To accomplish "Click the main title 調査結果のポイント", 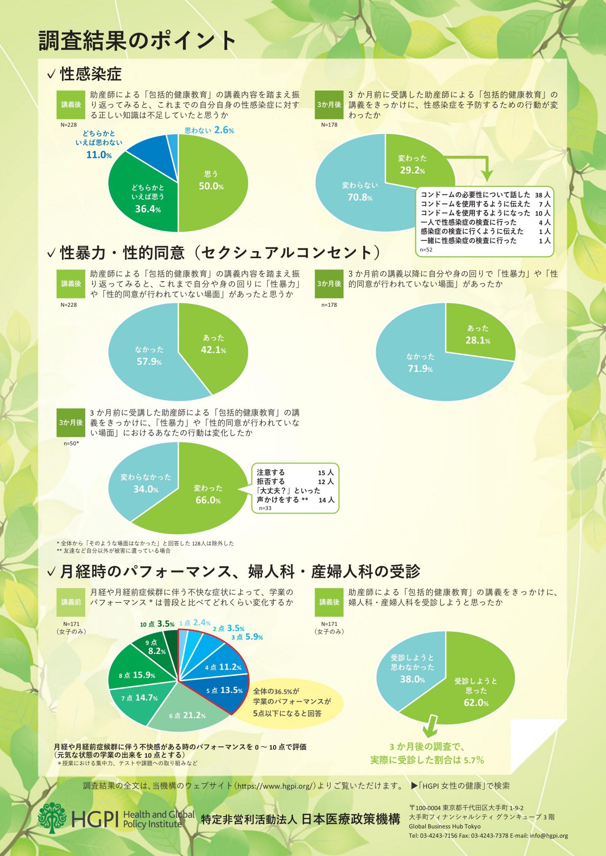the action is point(137,41).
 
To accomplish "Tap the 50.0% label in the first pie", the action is point(211,186).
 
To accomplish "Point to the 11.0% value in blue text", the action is point(99,155).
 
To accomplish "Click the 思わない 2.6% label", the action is point(209,130).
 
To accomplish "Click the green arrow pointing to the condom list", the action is point(473,165).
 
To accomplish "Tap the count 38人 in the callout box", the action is point(543,195).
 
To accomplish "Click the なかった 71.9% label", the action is point(420,362).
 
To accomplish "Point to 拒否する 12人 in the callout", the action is point(295,481).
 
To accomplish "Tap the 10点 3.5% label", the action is point(157,624).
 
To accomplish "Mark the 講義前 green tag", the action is point(71,602).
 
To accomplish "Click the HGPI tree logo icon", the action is point(53,818).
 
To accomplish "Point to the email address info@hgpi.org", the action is point(549,836).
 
